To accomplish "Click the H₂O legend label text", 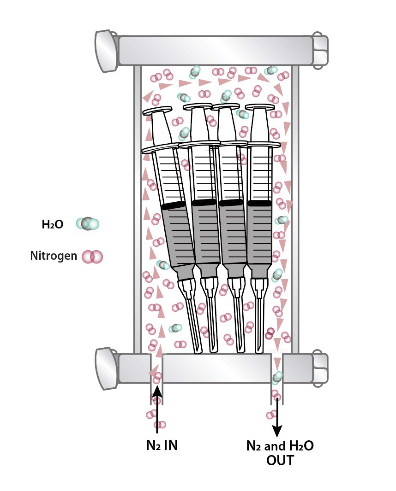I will click(52, 225).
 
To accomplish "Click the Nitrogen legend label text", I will click(54, 256).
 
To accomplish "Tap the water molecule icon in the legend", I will click(87, 224).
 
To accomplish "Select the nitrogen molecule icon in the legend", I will click(92, 257).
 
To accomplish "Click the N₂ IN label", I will click(159, 446).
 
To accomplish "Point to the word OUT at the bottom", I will click(280, 460).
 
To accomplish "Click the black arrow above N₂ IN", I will click(157, 410).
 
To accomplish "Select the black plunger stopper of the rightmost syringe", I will click(259, 203).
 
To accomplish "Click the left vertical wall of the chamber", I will click(137, 207).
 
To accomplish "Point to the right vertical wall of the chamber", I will click(295, 207).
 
